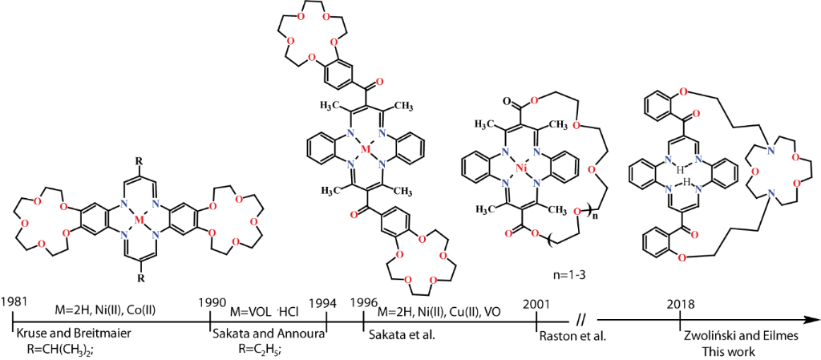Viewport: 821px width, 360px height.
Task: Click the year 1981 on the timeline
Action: [15, 302]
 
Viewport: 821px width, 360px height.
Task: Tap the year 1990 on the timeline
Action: [213, 302]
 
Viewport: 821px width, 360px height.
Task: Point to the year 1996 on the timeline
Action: [366, 302]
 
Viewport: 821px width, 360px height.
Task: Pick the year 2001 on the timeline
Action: [536, 304]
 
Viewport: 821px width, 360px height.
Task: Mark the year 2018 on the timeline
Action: [680, 304]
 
